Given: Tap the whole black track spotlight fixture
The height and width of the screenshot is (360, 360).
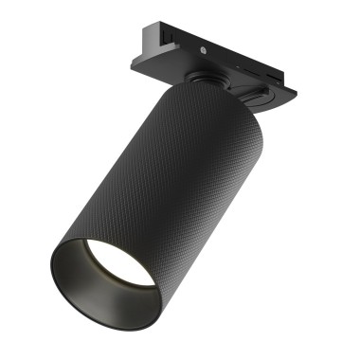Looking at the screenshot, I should click(161, 180).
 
